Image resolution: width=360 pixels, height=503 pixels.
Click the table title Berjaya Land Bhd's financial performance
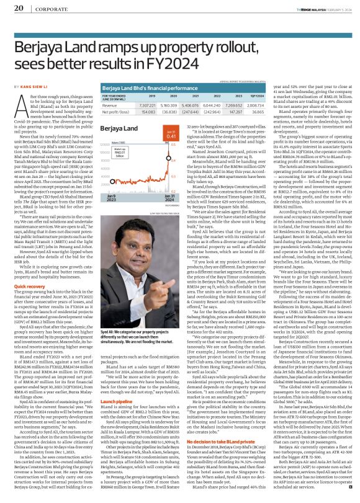coord(149,89)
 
